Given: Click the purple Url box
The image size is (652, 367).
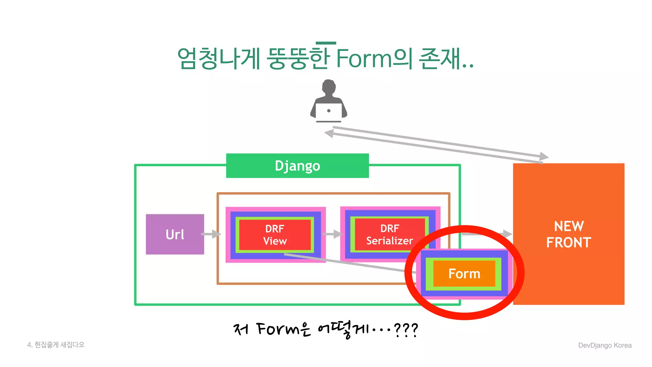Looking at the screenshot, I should (175, 234).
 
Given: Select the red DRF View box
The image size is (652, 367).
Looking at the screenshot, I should (275, 234).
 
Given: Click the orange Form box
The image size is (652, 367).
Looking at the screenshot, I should (464, 274).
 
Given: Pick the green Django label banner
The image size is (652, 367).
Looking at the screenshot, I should (297, 166).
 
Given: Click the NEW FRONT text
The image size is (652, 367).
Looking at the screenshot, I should (569, 234).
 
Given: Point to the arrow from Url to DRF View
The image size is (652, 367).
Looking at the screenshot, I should (211, 234).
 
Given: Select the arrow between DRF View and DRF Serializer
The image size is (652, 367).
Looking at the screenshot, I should (333, 234).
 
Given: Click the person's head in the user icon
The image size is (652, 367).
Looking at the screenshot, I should (329, 87).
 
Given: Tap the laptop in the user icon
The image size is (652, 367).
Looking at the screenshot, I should (329, 112).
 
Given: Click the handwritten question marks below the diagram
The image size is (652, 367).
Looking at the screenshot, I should (406, 329).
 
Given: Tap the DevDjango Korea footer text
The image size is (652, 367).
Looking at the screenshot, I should (605, 345).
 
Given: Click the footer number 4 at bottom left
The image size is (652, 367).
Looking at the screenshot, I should (29, 345).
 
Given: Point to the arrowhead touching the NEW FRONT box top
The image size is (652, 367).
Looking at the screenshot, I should (544, 156).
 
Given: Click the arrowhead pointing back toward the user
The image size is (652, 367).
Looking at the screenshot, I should (329, 133).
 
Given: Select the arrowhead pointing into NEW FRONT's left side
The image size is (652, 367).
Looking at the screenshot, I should (507, 234).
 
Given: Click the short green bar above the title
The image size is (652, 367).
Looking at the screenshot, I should (326, 43).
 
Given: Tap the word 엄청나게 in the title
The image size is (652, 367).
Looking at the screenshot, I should (219, 59).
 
